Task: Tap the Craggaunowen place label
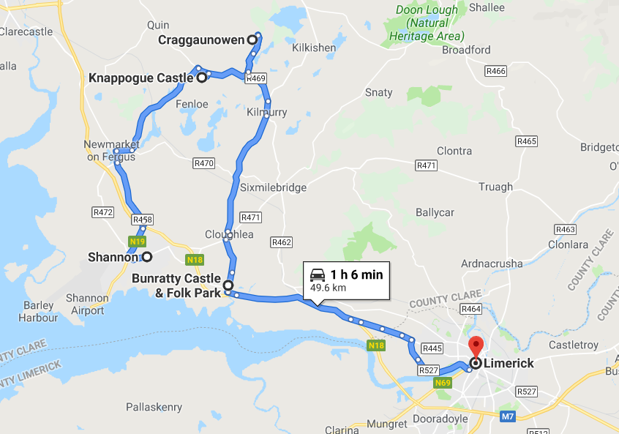coord(200,40)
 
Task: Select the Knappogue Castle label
coord(140,78)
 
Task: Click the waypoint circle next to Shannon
coord(147,257)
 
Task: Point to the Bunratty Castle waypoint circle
coord(228,285)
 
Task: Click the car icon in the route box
coord(318,275)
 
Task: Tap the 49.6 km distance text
coord(328,288)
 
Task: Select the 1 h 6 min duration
coord(356,274)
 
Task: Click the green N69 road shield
coord(443,383)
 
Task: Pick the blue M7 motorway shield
coord(509,416)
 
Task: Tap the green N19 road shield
coord(137,241)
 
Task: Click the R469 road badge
coord(255,78)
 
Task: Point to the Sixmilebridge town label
coord(274,187)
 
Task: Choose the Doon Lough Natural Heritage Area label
coord(427,23)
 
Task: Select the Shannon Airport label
coord(87,304)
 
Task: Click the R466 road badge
coord(495,71)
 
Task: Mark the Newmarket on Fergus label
coord(110,151)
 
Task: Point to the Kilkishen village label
coord(313,48)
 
